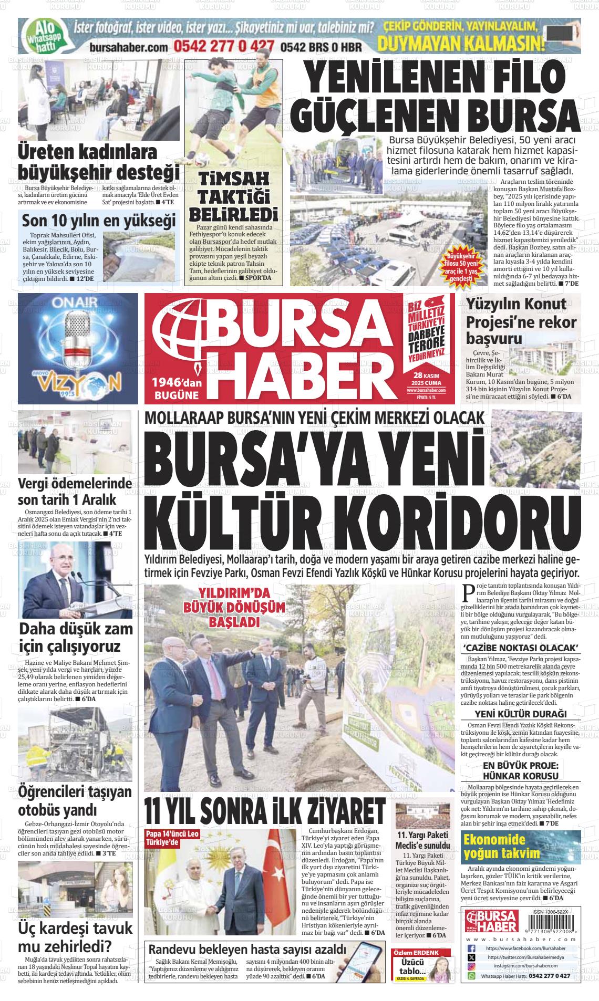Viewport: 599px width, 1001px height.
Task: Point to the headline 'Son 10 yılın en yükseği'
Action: [x=98, y=221]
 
